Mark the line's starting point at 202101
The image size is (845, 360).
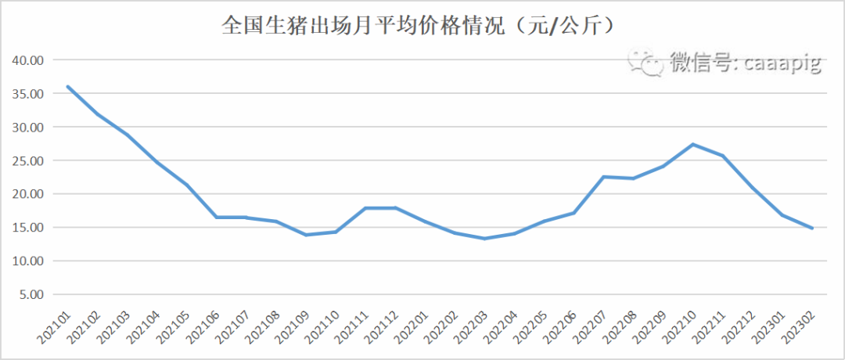67,86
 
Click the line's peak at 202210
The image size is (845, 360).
693,144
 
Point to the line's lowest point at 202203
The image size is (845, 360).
484,239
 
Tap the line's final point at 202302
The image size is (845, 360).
812,229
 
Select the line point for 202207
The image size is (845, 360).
603,177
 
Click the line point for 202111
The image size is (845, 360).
365,208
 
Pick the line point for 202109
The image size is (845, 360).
306,235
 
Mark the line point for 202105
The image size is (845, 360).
186,185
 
